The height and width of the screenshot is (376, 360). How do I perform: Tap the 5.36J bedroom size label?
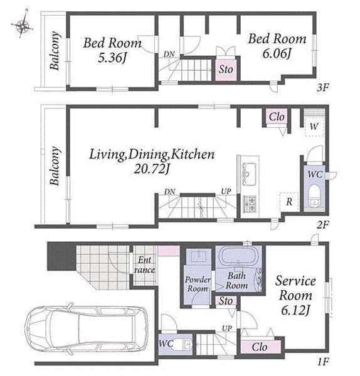click(x=112, y=58)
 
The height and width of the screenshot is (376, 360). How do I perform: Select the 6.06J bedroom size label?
click(x=277, y=53)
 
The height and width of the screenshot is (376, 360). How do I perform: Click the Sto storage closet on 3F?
click(x=226, y=69)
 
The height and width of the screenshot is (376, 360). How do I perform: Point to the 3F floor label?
click(x=322, y=88)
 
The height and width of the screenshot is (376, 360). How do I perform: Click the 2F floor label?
click(x=322, y=225)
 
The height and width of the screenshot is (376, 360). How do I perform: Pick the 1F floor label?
click(x=323, y=362)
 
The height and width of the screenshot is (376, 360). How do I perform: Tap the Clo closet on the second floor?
click(x=277, y=117)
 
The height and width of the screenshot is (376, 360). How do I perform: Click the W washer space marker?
click(x=314, y=127)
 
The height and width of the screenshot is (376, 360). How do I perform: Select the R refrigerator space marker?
click(x=289, y=202)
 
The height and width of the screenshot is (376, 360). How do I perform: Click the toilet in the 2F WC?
click(x=314, y=196)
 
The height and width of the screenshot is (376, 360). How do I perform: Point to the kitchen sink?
click(x=249, y=174)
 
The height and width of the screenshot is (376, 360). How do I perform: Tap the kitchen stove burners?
click(x=250, y=204)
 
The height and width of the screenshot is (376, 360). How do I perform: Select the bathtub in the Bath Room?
click(x=240, y=256)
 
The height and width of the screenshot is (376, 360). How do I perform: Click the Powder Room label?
click(x=198, y=284)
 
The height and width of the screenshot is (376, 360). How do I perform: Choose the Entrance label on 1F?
click(x=144, y=264)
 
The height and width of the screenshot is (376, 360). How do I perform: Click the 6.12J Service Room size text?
click(x=295, y=311)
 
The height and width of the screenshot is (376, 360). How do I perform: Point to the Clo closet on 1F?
click(x=260, y=347)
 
